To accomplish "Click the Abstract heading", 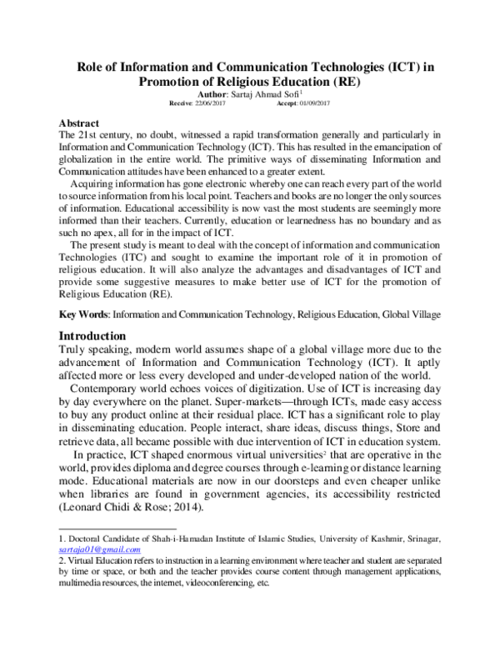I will (x=79, y=123).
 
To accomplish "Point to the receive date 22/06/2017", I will (x=214, y=105).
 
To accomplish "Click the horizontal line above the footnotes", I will (x=117, y=528).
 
